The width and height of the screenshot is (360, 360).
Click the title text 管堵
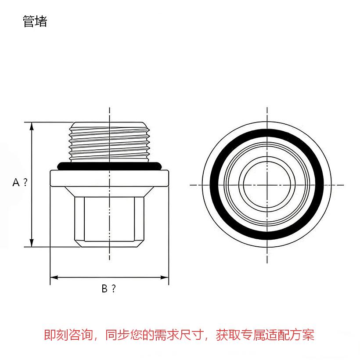pos(35,22)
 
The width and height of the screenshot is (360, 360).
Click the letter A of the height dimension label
pos(16,183)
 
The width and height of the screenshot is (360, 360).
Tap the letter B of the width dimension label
pos(104,288)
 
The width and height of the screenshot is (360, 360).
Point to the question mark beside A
pos(25,182)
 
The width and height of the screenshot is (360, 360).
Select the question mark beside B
pos(114,288)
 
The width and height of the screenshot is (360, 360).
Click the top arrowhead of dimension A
pos(32,126)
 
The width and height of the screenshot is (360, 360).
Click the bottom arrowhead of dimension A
pos(32,243)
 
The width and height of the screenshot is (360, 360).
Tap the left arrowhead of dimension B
pos(54,277)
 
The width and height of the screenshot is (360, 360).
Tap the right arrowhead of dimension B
pos(165,277)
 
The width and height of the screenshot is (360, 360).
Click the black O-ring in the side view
pos(109,166)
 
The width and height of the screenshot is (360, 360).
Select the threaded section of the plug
pos(109,142)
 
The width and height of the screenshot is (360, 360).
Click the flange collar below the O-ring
pos(109,178)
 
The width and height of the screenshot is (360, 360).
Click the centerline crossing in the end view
pos(267,185)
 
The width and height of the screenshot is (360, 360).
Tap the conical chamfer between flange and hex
pos(109,192)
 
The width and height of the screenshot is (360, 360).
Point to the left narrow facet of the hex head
pos(79,219)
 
